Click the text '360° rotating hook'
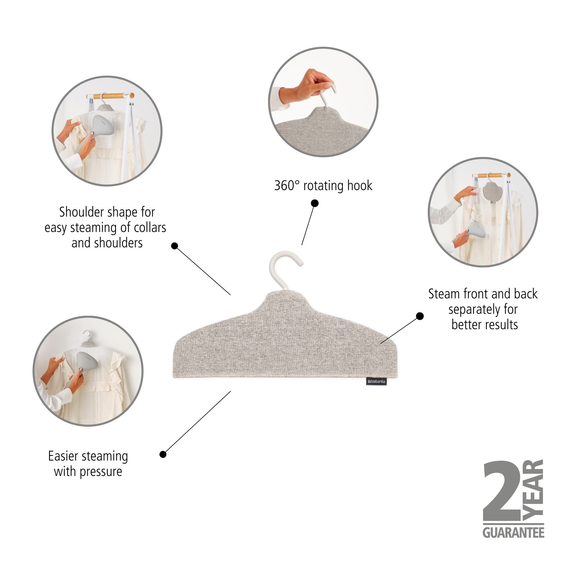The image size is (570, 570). (x=323, y=186)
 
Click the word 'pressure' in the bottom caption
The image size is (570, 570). (x=101, y=471)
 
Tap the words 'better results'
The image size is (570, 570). (x=484, y=325)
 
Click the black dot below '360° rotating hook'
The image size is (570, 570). (x=315, y=203)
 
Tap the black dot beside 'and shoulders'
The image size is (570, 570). (x=175, y=246)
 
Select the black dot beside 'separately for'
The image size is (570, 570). (x=420, y=316)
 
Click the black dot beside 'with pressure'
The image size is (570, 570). (x=163, y=454)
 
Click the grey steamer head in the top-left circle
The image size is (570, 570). (x=102, y=126)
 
